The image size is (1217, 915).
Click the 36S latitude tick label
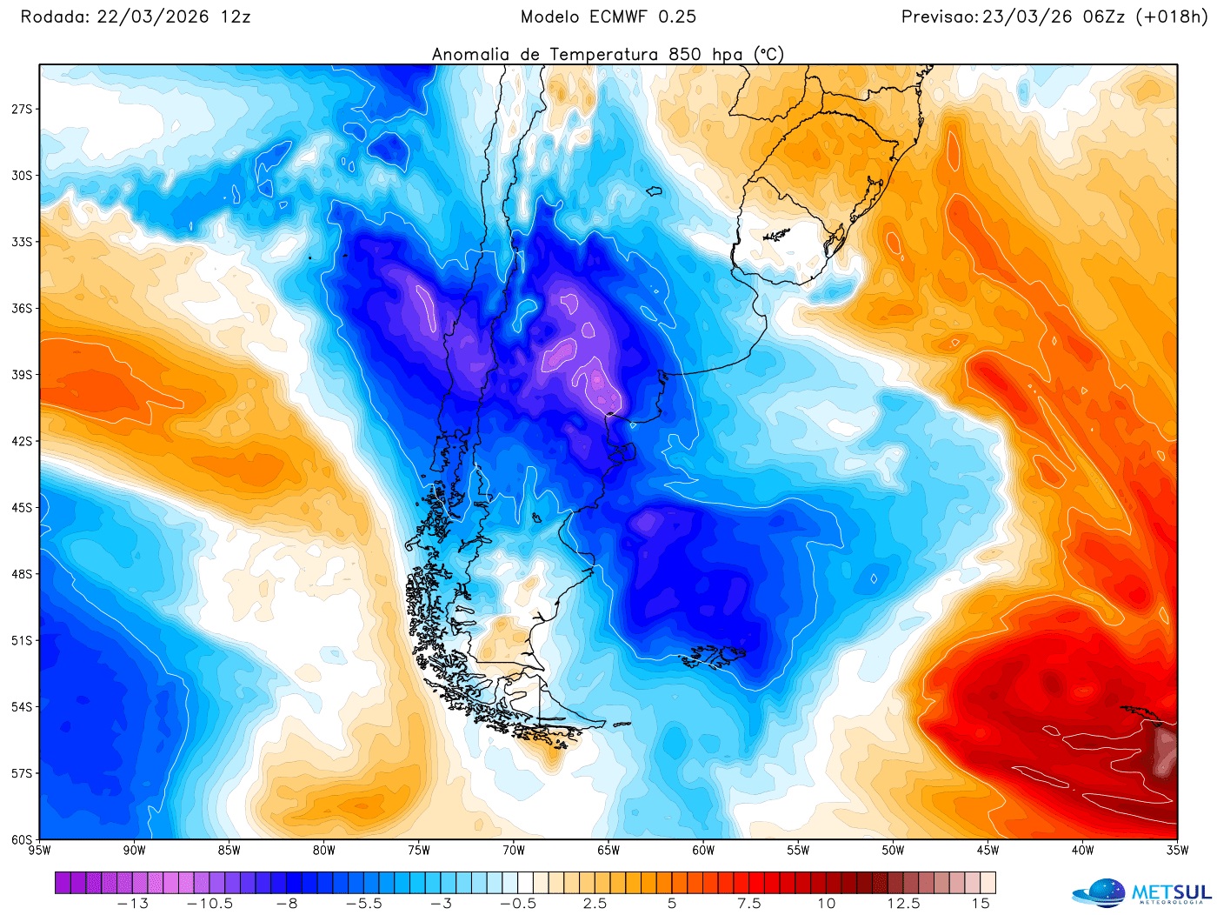pos(21,308)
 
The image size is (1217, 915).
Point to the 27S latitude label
pos(21,109)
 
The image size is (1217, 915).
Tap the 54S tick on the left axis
pos(21,706)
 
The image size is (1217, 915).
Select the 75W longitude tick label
pos(418,850)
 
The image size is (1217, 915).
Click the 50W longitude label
pos(893,850)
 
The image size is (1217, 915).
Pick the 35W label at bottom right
pos(1177,850)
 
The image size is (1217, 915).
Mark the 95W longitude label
pos(39,850)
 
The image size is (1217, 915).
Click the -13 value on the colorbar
pos(132,904)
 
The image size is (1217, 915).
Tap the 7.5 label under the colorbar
pos(748,904)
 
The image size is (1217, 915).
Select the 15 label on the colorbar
pos(981,904)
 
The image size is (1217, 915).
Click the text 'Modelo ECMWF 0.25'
pos(608,17)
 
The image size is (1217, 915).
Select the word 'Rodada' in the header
pos(54,17)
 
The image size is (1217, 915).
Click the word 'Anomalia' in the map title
pos(470,54)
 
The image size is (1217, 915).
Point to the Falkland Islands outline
pos(718,655)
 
